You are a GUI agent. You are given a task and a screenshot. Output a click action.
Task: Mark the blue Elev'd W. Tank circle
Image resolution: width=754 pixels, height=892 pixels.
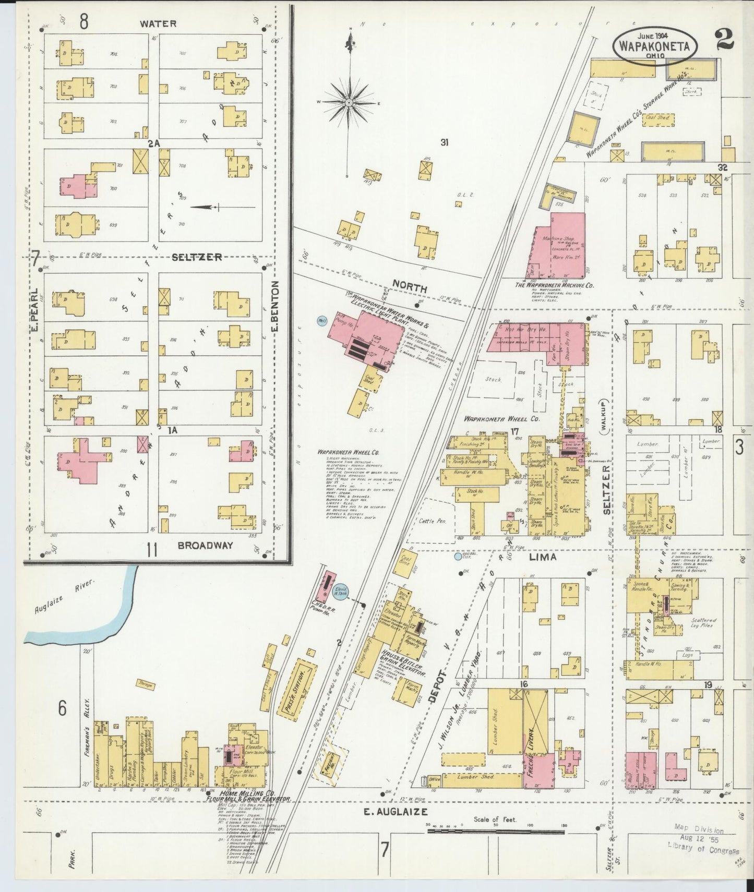[341, 591]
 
